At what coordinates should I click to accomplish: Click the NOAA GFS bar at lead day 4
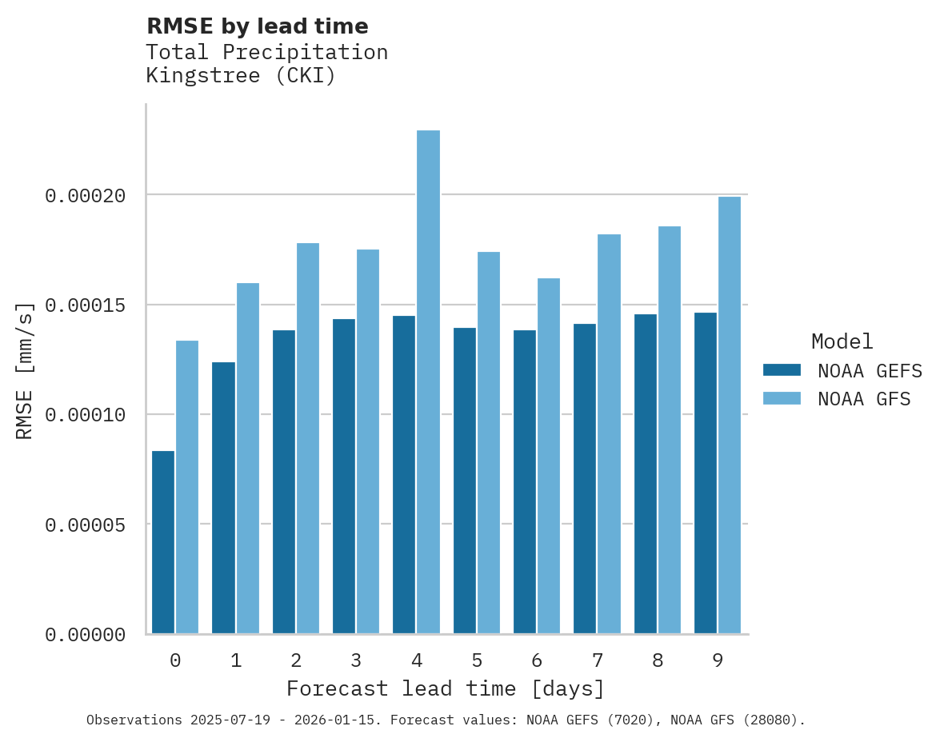(428, 382)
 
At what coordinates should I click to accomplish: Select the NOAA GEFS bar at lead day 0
(163, 542)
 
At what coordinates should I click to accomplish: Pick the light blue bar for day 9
(730, 415)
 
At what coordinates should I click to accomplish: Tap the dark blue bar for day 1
(224, 498)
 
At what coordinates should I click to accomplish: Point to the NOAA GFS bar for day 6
(549, 456)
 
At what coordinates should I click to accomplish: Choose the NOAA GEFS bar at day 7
(585, 479)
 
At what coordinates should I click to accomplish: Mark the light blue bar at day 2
(308, 438)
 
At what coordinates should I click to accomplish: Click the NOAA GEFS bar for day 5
(465, 481)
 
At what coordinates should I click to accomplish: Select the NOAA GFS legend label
(864, 398)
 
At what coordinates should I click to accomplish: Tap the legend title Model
(842, 341)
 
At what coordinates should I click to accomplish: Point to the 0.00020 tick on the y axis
(86, 196)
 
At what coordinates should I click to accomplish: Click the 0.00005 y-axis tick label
(86, 525)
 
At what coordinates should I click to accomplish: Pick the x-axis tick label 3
(356, 660)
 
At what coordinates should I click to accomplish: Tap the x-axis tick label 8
(658, 660)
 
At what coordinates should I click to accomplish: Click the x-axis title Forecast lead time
(446, 688)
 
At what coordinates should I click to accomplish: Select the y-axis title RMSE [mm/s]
(25, 370)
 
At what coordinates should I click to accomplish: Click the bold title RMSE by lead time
(258, 26)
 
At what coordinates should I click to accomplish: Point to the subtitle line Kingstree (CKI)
(241, 76)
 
